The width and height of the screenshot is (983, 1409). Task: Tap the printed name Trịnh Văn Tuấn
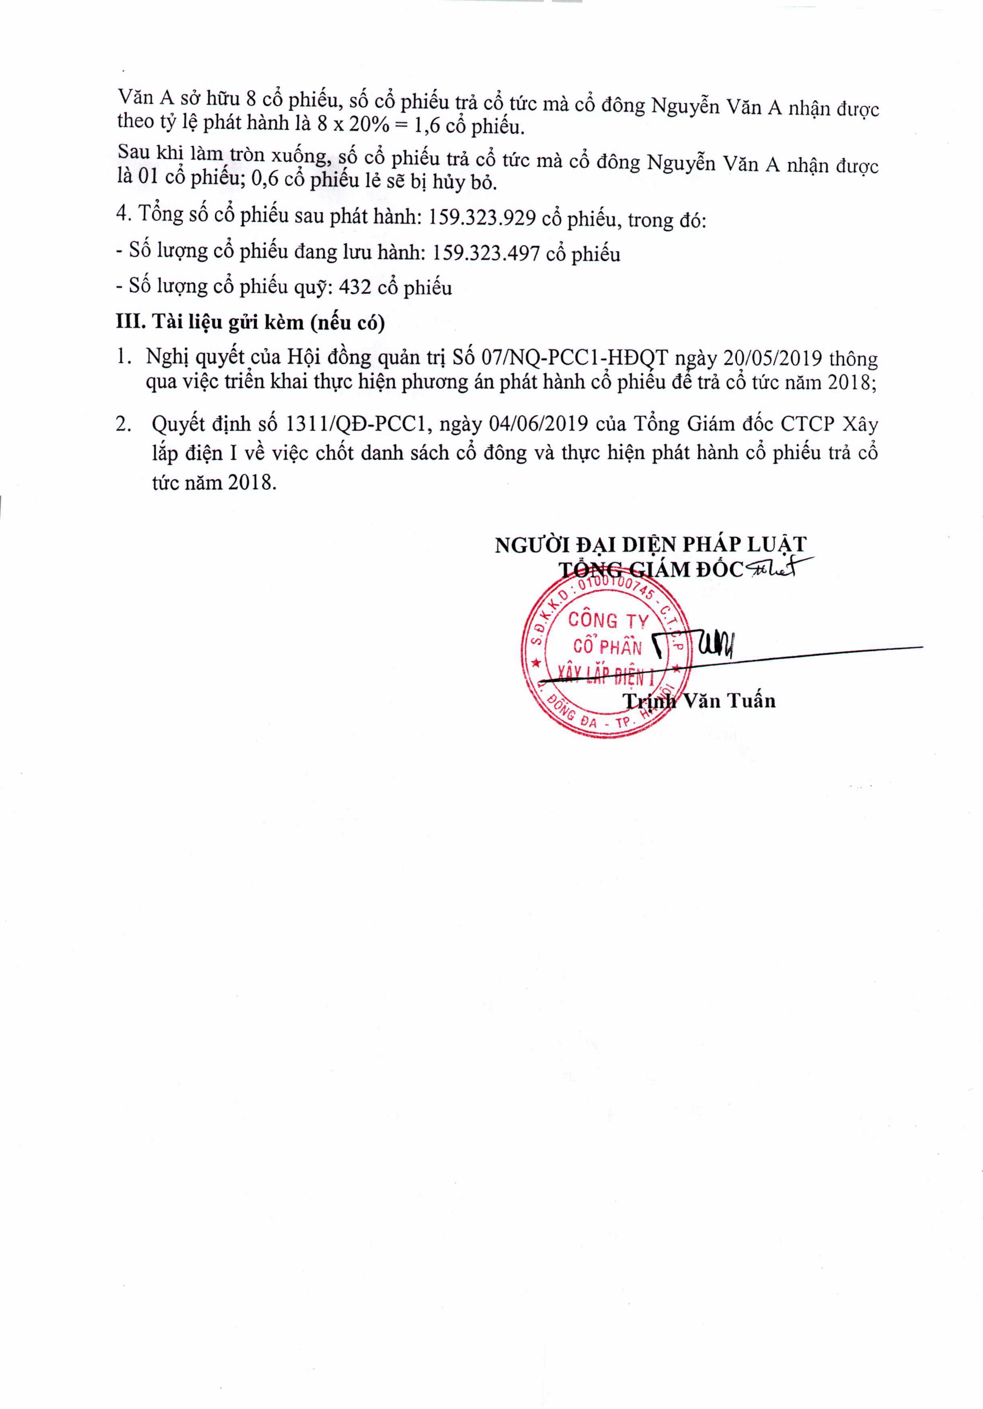coord(699,701)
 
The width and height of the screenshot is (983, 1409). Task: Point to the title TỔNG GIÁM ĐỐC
coord(651,570)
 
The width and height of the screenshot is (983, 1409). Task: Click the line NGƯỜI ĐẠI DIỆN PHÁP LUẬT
coord(651,544)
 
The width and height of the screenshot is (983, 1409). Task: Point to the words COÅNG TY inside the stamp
coord(607,620)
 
